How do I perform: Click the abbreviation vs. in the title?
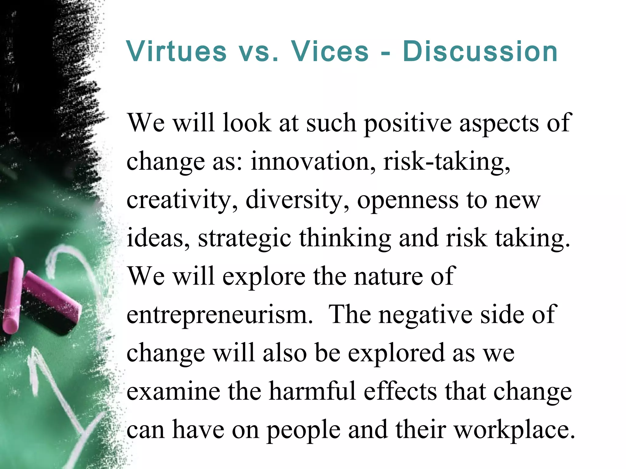[x=258, y=52]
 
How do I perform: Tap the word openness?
[x=408, y=200]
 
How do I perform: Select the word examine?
[x=173, y=391]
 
